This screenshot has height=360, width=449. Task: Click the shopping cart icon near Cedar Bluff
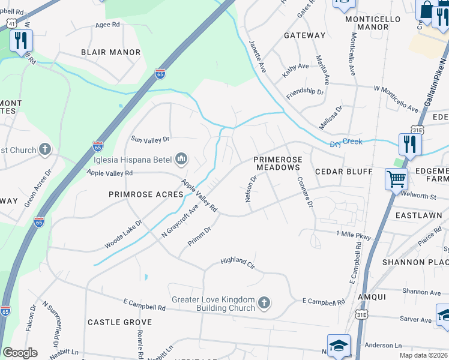coord(396,179)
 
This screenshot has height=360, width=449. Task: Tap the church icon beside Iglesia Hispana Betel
coord(181,159)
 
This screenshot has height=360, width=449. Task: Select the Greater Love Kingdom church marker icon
coord(264,303)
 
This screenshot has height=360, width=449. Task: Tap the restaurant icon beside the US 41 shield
coord(21,41)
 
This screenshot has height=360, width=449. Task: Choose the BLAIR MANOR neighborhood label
coord(111,52)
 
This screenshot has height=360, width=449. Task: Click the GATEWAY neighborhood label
coord(304,35)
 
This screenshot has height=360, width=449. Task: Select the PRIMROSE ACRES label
coord(146,194)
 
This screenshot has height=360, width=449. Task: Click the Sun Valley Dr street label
coord(151,139)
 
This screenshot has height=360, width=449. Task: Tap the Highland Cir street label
coord(238,262)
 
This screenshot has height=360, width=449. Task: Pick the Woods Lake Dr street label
coord(123,233)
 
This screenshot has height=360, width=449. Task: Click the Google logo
coord(20,353)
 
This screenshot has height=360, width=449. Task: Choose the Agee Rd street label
coord(108,25)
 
